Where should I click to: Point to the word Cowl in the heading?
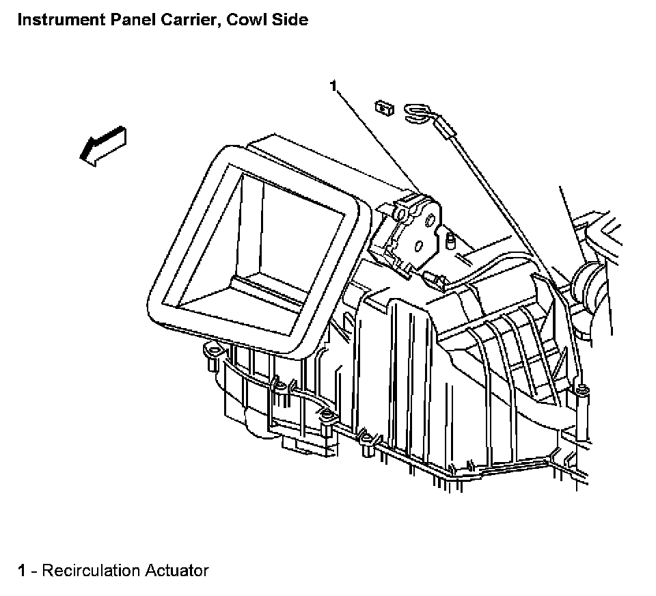(230, 20)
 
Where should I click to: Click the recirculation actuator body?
(409, 229)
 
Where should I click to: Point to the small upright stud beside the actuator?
(450, 240)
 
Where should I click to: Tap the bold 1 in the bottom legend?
(22, 570)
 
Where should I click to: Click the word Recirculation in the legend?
(90, 570)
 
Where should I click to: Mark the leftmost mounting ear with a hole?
(213, 353)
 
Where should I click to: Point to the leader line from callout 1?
(376, 139)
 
